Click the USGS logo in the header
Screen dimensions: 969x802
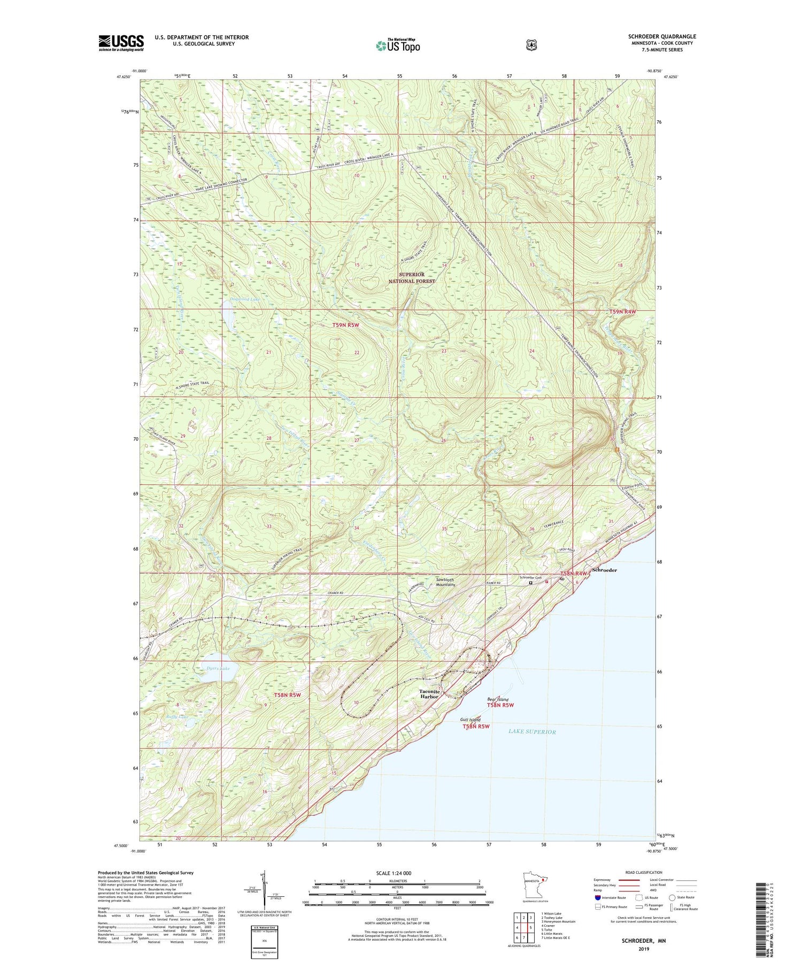[121, 43]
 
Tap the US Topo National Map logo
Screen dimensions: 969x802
[398, 45]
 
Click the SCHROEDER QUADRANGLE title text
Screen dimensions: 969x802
[662, 36]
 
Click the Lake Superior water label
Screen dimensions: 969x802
[532, 732]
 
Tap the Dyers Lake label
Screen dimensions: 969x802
[218, 669]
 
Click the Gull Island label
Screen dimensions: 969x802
[470, 720]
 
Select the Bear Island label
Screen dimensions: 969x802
[497, 700]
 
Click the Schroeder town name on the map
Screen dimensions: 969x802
[604, 570]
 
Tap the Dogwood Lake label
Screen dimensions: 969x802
[245, 299]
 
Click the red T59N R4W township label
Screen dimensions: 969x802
[622, 312]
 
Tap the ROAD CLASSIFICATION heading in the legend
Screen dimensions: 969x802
[641, 872]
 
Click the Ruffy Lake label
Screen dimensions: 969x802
[176, 717]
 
